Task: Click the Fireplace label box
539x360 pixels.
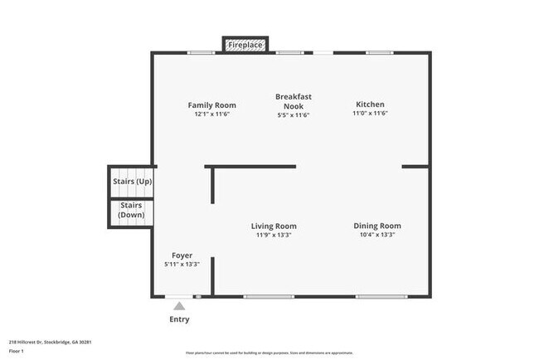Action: (246, 44)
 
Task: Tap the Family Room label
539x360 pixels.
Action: (211, 105)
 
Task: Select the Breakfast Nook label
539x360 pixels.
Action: (293, 101)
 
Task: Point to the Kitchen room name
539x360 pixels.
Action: (370, 105)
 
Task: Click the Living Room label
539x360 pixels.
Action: (274, 226)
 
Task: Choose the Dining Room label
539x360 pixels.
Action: (377, 226)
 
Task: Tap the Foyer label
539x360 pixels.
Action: (182, 255)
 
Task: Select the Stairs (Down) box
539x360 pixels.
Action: (131, 210)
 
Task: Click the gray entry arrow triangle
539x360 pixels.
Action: (179, 306)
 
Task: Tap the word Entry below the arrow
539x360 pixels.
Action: (179, 319)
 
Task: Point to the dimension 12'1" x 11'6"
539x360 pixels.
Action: (211, 114)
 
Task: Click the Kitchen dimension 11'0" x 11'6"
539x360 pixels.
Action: (370, 114)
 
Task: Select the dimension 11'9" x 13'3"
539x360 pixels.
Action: (274, 236)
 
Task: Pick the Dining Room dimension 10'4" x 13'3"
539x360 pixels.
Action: (377, 236)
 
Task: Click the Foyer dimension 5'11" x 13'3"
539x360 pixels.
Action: (182, 265)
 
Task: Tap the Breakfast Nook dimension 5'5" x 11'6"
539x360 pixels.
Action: (293, 115)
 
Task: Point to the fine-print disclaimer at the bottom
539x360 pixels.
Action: (269, 353)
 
